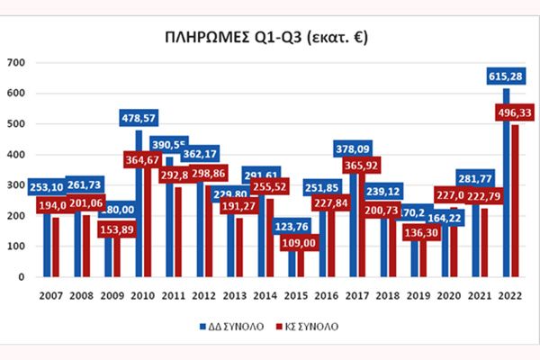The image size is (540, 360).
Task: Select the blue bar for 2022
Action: click(506, 180)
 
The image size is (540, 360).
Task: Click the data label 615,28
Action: click(505, 74)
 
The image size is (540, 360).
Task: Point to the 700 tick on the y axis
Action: click(15, 63)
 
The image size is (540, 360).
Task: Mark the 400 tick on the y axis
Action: click(15, 155)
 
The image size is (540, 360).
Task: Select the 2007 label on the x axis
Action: click(50, 295)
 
